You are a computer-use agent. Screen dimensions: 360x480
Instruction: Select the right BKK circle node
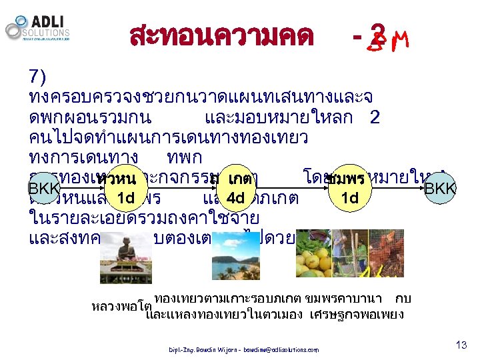pos(440,189)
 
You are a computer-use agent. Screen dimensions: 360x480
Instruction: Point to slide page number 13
pos(461,345)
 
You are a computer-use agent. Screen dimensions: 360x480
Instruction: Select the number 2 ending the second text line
pos(374,119)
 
